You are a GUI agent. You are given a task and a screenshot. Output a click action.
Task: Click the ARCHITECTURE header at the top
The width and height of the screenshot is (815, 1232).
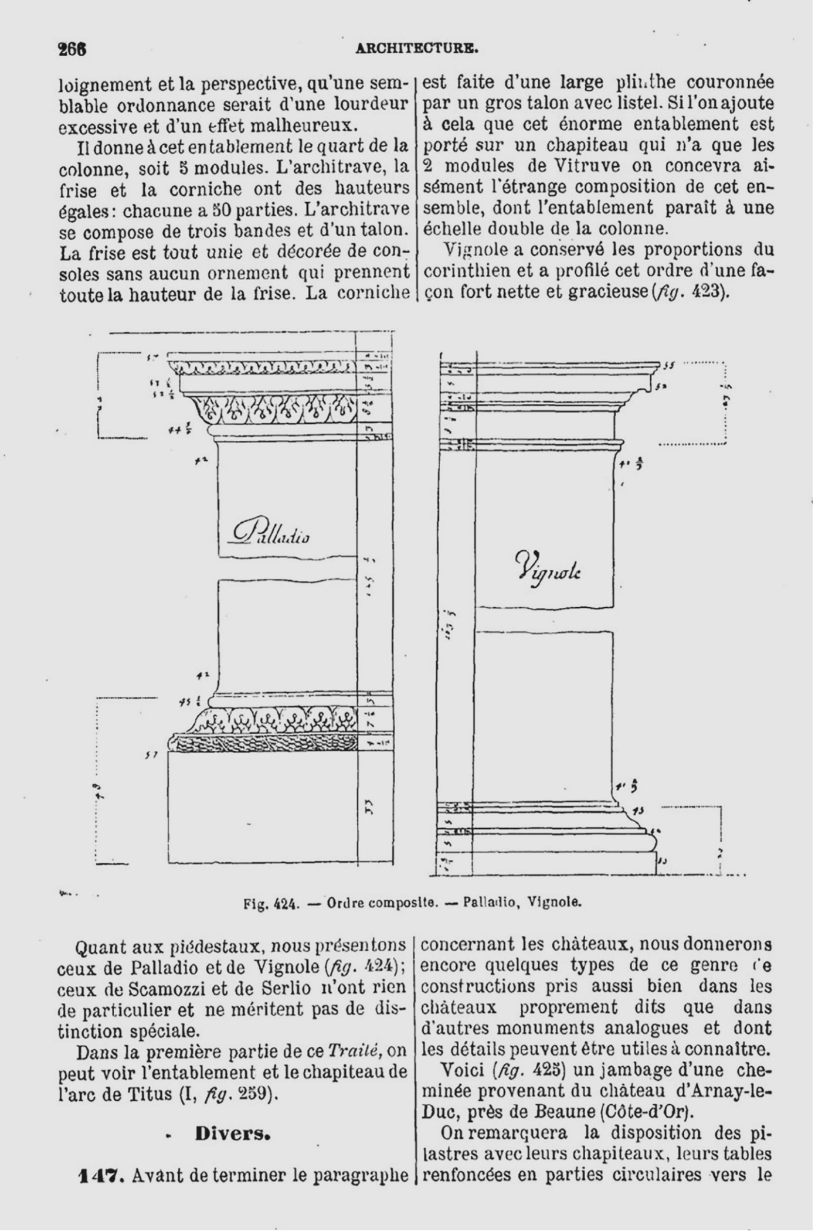pyautogui.click(x=417, y=49)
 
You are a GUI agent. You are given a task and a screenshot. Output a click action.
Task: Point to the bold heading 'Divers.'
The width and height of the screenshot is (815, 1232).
pyautogui.click(x=233, y=1134)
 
